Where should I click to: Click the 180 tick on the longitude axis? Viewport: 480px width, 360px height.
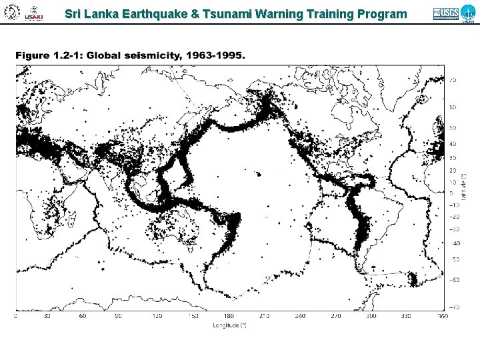click(229, 317)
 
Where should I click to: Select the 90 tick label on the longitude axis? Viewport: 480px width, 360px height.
click(118, 317)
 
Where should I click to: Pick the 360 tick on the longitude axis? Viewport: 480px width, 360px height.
click(443, 317)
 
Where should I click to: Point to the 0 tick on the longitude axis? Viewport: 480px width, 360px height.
click(17, 317)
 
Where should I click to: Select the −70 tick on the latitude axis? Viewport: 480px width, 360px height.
click(453, 307)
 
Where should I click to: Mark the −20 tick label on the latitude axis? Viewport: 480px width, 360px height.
click(453, 216)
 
